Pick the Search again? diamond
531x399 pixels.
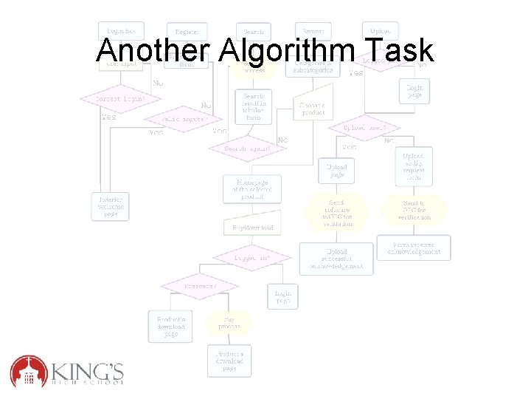(x=248, y=148)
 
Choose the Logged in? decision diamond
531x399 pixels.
(x=251, y=258)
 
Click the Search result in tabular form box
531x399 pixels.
(x=251, y=106)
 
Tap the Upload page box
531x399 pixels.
(x=336, y=171)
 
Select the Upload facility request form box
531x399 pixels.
(x=413, y=166)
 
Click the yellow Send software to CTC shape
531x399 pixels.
(x=336, y=212)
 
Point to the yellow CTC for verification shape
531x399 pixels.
(x=413, y=211)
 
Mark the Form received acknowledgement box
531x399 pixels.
(x=413, y=248)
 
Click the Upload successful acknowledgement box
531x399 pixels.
(x=336, y=259)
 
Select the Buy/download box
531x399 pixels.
(x=252, y=228)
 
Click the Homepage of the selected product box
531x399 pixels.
(x=252, y=188)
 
